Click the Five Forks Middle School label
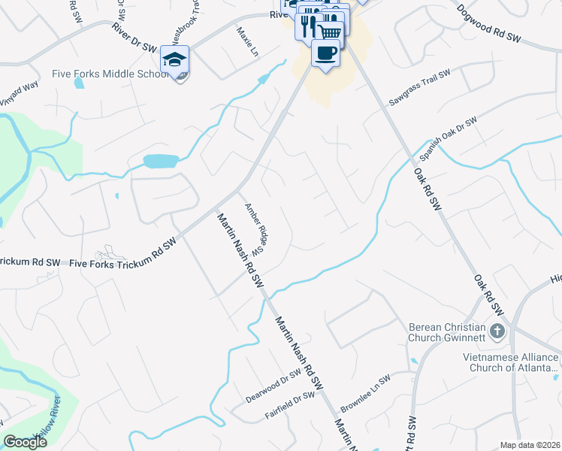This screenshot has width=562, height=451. point(109,74)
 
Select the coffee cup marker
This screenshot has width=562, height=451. point(325,53)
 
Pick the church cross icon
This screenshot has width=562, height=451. point(497,330)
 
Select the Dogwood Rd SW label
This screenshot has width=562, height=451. point(489,24)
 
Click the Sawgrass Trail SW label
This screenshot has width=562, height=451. point(419,88)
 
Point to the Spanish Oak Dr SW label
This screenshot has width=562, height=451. point(449,139)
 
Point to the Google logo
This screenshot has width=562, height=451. point(25,442)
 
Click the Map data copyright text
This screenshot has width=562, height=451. point(530,445)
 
